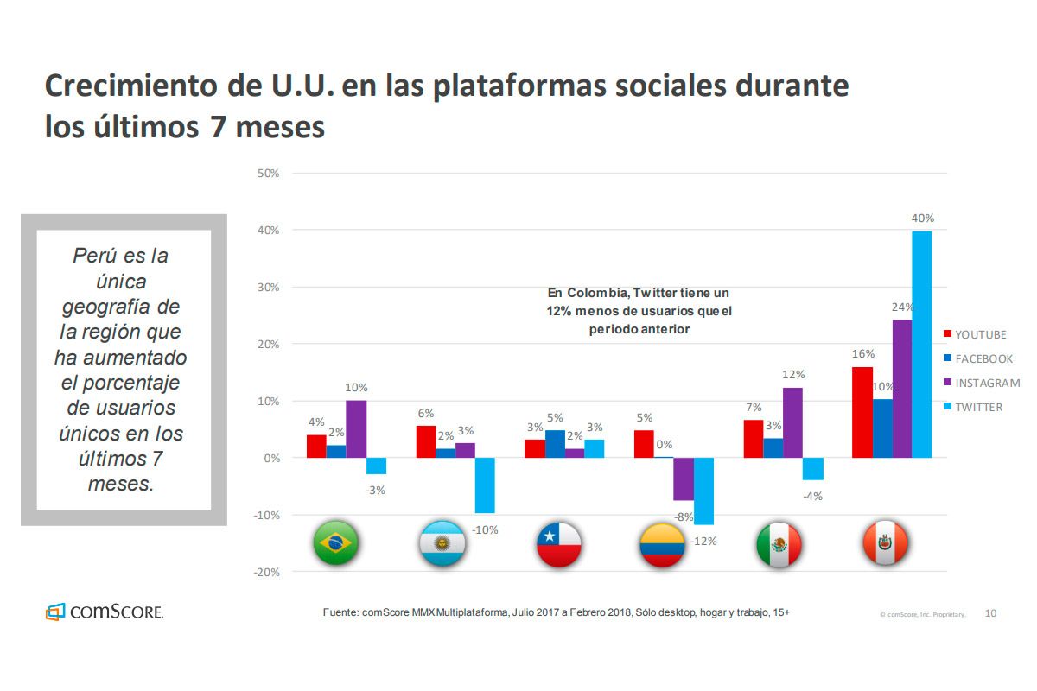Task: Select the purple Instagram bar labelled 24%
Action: [901, 388]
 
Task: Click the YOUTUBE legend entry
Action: [980, 334]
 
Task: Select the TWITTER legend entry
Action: [978, 407]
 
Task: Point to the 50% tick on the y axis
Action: [268, 174]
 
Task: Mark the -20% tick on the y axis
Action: [265, 572]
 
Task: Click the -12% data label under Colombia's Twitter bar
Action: [703, 542]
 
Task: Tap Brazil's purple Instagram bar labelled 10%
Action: [356, 428]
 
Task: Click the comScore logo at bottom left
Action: [105, 612]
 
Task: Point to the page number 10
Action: [990, 613]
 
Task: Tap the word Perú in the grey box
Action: [96, 256]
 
